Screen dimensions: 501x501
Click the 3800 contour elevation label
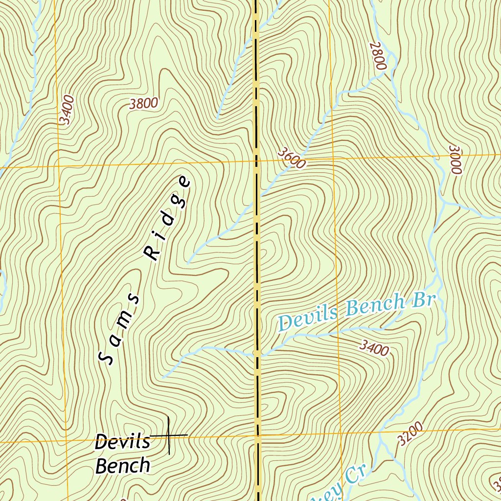(144, 103)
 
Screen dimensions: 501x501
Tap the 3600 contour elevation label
(291, 159)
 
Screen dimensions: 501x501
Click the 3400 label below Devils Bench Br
(374, 348)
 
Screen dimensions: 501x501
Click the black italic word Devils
(122, 442)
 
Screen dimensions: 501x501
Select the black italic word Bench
(122, 465)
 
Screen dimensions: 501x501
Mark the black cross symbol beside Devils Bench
(169, 435)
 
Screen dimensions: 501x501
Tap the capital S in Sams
(106, 359)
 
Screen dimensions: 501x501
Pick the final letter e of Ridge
(184, 182)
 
